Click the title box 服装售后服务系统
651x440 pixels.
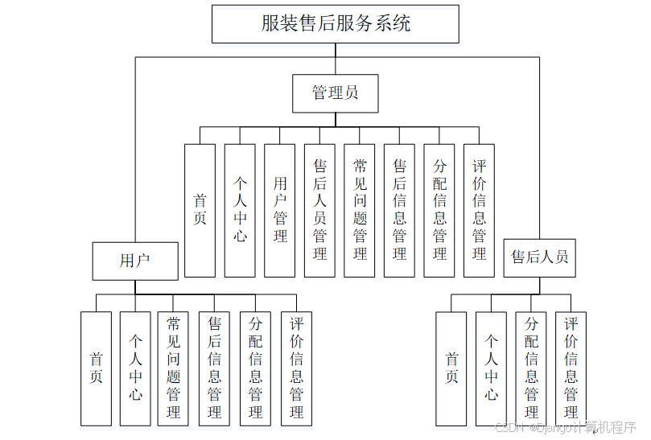point(336,24)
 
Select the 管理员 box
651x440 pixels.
point(335,93)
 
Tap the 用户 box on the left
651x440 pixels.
point(135,260)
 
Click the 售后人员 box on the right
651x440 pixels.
point(540,257)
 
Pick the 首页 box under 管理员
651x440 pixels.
point(200,210)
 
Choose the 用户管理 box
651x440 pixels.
point(280,210)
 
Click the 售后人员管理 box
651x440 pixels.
point(319,210)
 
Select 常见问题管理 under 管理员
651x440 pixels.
point(360,210)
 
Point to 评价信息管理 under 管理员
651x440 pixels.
point(480,210)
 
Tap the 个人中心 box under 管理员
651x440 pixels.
point(240,210)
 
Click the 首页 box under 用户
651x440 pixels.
point(96,368)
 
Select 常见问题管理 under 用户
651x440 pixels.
point(174,368)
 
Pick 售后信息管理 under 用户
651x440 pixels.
point(214,368)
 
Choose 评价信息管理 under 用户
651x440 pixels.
point(296,368)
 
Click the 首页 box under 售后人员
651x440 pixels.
point(451,368)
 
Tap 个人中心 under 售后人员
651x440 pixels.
point(491,368)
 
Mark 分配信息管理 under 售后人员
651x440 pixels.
point(531,368)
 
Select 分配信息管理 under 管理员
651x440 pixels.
point(439,210)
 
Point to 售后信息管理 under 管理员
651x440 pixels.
point(399,210)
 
